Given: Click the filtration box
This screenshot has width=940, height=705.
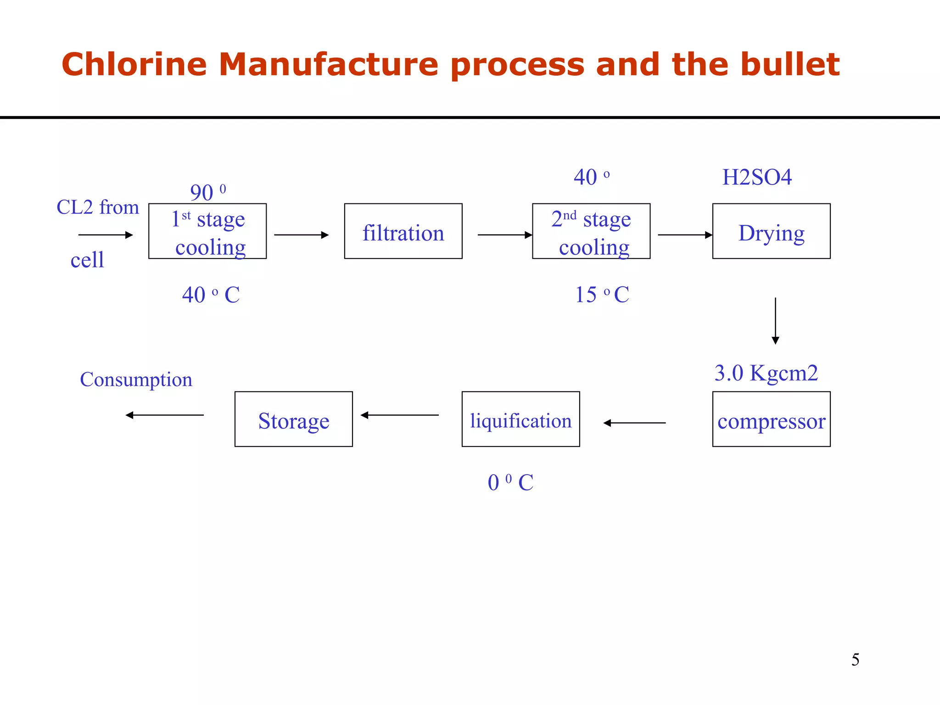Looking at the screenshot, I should [x=403, y=231].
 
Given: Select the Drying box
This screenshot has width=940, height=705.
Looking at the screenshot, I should [x=771, y=231].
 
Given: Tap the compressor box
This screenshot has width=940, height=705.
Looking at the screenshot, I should [x=771, y=419].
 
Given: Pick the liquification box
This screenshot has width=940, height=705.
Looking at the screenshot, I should [x=520, y=419].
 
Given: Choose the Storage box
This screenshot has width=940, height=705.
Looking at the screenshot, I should [x=293, y=419].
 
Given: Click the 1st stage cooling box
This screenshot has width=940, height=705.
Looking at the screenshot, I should [x=207, y=231].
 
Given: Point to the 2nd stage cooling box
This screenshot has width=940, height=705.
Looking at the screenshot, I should [x=591, y=231].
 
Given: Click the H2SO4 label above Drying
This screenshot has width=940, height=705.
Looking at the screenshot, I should [x=757, y=177].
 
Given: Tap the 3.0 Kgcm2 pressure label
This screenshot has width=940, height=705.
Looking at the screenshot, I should [x=766, y=373].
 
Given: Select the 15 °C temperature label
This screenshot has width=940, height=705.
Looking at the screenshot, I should [x=602, y=295].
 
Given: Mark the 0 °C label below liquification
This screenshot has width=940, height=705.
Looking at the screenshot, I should [x=510, y=482].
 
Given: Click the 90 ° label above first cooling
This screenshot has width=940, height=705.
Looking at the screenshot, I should [x=207, y=192].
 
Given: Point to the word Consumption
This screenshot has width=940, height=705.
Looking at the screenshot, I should [x=136, y=380].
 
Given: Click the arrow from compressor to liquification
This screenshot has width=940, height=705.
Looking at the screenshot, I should [x=634, y=423].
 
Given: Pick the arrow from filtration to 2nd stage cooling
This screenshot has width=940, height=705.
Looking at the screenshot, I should [x=505, y=235].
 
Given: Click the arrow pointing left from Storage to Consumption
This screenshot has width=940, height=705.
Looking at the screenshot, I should [x=164, y=415].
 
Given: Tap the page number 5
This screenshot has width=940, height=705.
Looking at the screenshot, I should [x=855, y=660].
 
